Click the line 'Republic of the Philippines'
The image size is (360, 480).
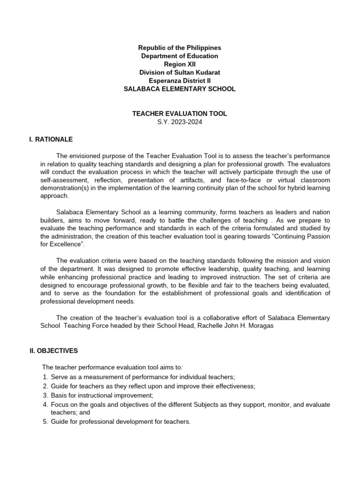pyautogui.click(x=180, y=48)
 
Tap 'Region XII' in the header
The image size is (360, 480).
pyautogui.click(x=180, y=64)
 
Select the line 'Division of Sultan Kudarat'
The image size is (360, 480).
pyautogui.click(x=180, y=72)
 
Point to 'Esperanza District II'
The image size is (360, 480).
pyautogui.click(x=180, y=80)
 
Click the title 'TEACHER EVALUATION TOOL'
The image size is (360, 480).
pyautogui.click(x=180, y=114)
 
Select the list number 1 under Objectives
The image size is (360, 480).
pyautogui.click(x=45, y=377)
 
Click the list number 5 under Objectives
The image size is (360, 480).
pyautogui.click(x=45, y=421)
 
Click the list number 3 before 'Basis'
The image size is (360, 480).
pyautogui.click(x=45, y=395)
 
